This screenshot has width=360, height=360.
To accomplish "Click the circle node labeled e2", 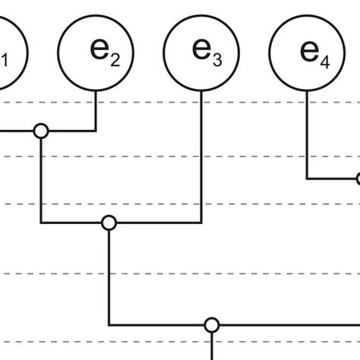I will (96, 52).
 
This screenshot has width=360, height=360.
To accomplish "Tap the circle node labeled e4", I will (307, 52).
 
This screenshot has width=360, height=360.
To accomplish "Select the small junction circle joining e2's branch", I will (41, 131).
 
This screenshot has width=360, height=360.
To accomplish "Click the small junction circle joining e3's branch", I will (109, 223).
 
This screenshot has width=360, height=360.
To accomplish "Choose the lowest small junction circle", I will (212, 325).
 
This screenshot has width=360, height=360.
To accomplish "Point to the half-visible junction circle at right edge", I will (358, 179).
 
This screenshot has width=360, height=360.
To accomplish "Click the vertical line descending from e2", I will (96, 110).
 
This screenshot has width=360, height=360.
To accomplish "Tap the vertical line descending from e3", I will (201, 159).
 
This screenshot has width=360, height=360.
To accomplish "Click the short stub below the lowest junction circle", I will (212, 346).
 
